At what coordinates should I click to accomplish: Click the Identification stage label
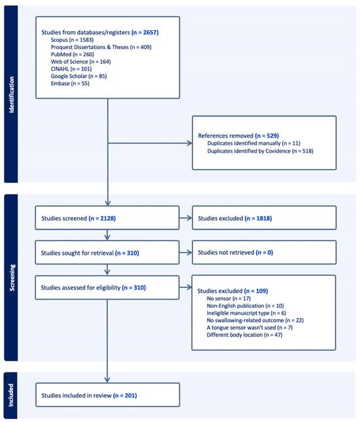point(11,94)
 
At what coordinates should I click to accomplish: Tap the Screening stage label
point(12,278)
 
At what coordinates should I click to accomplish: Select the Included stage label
point(10,395)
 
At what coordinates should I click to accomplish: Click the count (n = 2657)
point(145,32)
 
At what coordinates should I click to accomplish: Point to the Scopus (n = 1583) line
point(72,40)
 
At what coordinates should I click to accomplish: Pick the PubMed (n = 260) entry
point(72,54)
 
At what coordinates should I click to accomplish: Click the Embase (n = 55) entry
point(70,83)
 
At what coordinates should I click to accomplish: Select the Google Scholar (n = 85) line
point(79,76)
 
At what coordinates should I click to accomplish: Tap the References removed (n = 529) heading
point(238,136)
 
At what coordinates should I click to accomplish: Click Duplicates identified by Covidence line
point(261,151)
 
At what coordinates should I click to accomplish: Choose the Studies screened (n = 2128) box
point(107,218)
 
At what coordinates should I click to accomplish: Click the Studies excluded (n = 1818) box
point(264,218)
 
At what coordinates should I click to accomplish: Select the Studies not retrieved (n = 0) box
point(264,253)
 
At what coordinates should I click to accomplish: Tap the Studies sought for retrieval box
point(107,253)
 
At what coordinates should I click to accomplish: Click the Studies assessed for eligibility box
point(107,287)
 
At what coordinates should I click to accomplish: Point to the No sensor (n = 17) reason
point(228,299)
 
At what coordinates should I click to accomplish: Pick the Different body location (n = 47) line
point(245,335)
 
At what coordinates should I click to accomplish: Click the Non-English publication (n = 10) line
point(245,306)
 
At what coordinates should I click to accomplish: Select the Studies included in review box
point(107,395)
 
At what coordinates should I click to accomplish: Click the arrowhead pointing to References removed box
point(190,143)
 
